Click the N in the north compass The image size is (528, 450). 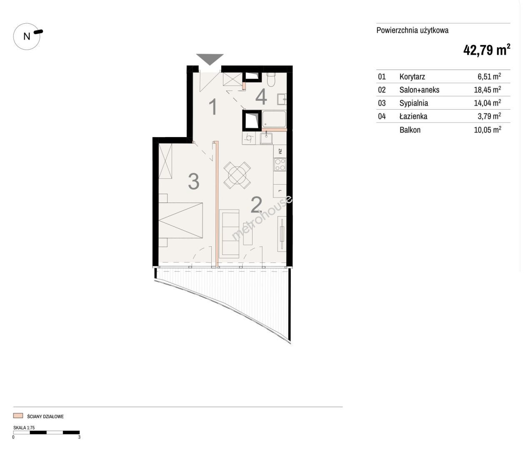click(x=27, y=37)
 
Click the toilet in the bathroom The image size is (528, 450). click(x=271, y=80)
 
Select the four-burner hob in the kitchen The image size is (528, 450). click(x=280, y=164)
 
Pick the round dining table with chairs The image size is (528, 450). click(x=237, y=175)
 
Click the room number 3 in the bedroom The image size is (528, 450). click(x=193, y=181)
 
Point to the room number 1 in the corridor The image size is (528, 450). click(x=213, y=107)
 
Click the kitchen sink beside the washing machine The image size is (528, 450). click(x=266, y=138)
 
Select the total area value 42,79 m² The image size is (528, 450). click(x=487, y=50)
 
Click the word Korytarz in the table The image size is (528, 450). click(x=412, y=77)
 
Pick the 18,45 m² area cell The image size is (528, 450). click(x=488, y=90)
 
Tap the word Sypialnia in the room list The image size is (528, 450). click(x=413, y=103)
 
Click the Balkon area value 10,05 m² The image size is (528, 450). click(x=488, y=130)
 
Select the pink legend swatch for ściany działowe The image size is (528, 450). click(x=18, y=415)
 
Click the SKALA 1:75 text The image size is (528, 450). click(x=24, y=427)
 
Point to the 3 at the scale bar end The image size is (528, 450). click(x=79, y=437)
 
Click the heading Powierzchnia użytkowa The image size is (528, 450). click(x=412, y=30)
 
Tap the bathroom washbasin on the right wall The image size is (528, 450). click(x=282, y=99)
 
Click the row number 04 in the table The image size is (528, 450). click(x=382, y=117)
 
